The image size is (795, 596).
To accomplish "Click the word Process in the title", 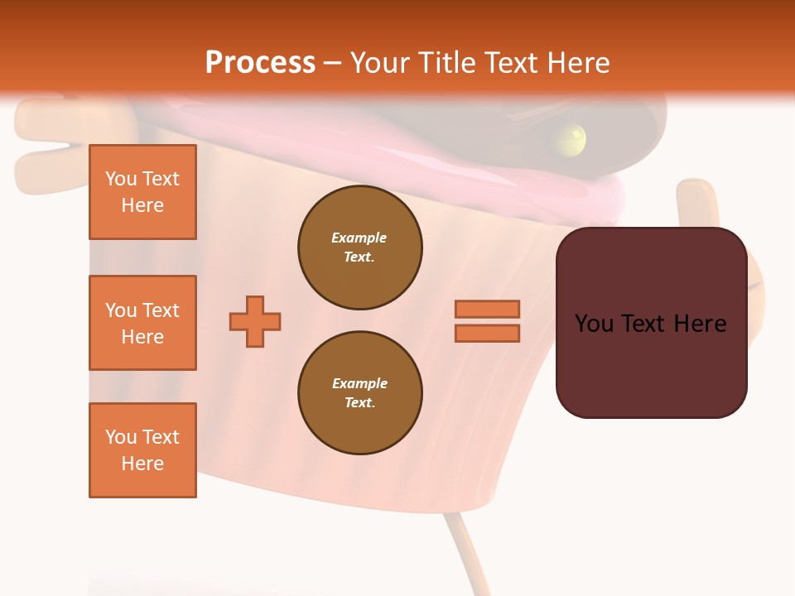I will pyautogui.click(x=260, y=63).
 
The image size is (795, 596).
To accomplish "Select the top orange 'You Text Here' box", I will pyautogui.click(x=142, y=192).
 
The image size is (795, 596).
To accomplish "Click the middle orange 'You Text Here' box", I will pyautogui.click(x=142, y=323).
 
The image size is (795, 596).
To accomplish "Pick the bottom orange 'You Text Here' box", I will pyautogui.click(x=142, y=450).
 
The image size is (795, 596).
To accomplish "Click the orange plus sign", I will pyautogui.click(x=255, y=321).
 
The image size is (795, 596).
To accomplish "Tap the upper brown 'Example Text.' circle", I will pyautogui.click(x=359, y=248).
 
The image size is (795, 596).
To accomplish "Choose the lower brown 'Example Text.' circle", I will pyautogui.click(x=359, y=393).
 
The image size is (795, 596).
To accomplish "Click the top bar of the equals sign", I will pyautogui.click(x=487, y=310).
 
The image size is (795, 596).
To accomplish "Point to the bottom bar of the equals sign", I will pyautogui.click(x=487, y=334).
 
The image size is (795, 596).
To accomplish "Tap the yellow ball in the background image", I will pyautogui.click(x=572, y=138).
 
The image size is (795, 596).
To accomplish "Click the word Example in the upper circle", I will pyautogui.click(x=359, y=238).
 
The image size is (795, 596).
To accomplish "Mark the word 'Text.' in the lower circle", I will pyautogui.click(x=359, y=403).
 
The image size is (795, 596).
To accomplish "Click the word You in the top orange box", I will pyautogui.click(x=121, y=179).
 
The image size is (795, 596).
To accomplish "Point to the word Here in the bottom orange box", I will pyautogui.click(x=142, y=464).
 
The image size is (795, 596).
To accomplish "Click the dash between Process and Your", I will pyautogui.click(x=333, y=64).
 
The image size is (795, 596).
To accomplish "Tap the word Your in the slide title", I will pyautogui.click(x=379, y=63).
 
